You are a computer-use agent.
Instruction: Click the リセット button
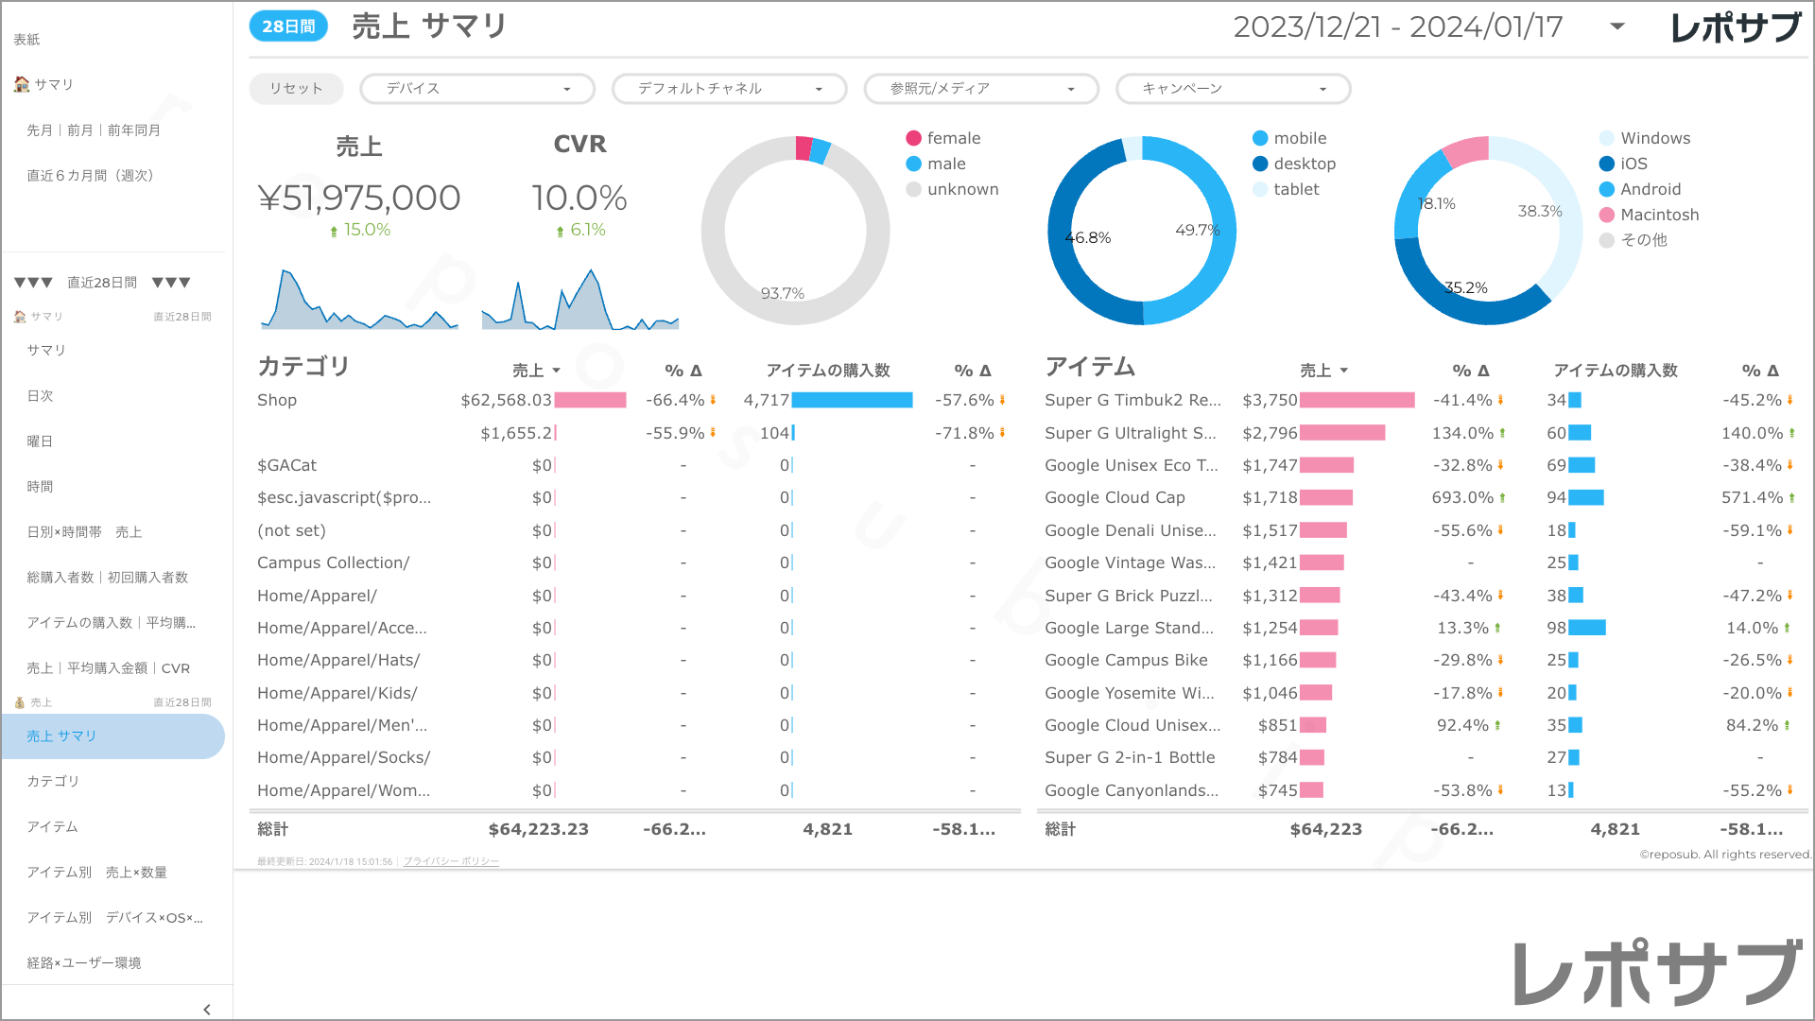(x=296, y=89)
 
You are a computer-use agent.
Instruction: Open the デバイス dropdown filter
(x=477, y=89)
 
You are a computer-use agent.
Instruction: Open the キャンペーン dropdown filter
(x=1233, y=89)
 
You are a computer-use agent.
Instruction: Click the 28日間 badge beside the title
(x=288, y=26)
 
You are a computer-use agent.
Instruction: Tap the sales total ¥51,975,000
(x=359, y=199)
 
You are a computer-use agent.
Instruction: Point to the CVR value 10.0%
(x=579, y=199)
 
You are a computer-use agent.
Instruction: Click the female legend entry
(x=953, y=138)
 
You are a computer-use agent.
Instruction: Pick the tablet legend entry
(x=1295, y=189)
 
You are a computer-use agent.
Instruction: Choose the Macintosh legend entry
(x=1659, y=215)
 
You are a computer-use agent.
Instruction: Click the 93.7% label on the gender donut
(x=783, y=294)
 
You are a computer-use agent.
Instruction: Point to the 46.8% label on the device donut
(x=1088, y=238)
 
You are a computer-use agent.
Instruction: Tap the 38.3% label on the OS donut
(x=1540, y=212)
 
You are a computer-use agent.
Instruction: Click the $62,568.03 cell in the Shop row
(x=506, y=400)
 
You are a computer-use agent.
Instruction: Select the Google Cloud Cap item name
(x=1115, y=497)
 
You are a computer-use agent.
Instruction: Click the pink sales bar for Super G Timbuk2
(x=1357, y=400)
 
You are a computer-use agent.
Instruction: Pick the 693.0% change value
(x=1462, y=497)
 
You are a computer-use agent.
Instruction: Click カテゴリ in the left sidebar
(x=53, y=781)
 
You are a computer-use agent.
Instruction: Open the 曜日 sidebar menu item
(x=40, y=441)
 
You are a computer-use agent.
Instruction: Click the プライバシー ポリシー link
(x=451, y=861)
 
